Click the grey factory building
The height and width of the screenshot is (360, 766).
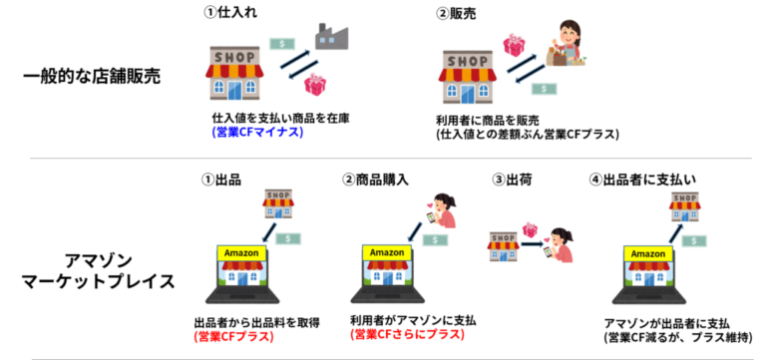(x=331, y=37)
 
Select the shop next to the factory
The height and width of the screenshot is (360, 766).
(x=234, y=73)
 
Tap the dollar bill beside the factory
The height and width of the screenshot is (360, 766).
(x=282, y=44)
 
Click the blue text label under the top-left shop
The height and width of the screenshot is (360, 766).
(x=256, y=131)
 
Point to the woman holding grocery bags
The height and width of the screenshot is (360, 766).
(x=566, y=45)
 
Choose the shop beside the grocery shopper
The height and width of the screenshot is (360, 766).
(x=468, y=77)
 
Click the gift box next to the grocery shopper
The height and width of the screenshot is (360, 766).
(x=514, y=45)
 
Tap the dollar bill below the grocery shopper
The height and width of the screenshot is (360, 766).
(x=544, y=89)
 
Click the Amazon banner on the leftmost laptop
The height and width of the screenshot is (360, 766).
(x=241, y=253)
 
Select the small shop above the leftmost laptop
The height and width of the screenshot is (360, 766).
(x=278, y=203)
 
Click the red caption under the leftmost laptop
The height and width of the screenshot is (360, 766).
(x=233, y=336)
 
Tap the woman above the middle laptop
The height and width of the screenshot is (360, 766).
(x=442, y=210)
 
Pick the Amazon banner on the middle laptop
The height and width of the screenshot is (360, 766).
(x=387, y=252)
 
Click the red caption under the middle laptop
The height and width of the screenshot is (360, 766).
(x=407, y=334)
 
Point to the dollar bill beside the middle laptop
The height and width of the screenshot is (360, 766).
(x=435, y=240)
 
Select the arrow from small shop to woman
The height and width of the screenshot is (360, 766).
(x=534, y=244)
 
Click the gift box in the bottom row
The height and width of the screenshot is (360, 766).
(x=530, y=229)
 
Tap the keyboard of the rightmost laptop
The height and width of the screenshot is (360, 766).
(x=648, y=296)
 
